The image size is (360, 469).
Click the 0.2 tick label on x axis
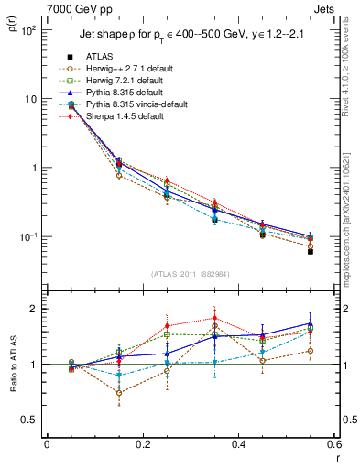point(142,444)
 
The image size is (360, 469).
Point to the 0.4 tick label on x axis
point(237,444)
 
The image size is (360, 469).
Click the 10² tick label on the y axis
point(27,30)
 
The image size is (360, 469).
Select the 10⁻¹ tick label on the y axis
point(27,237)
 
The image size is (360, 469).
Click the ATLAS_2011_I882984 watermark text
point(191,273)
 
